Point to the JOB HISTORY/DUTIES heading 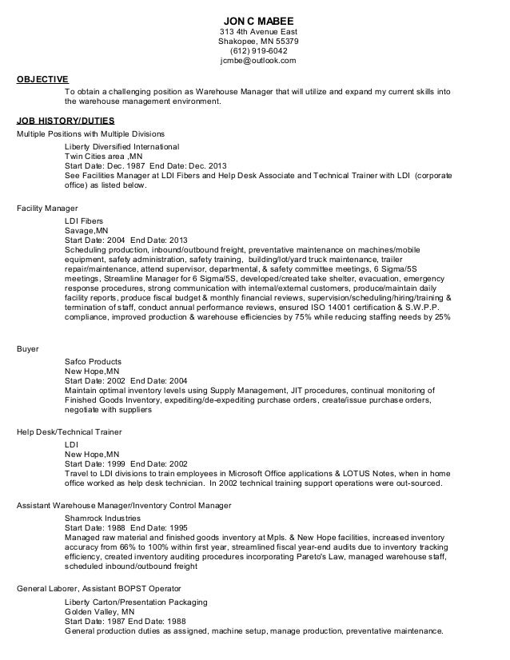tap(59, 120)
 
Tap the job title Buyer tap(28, 349)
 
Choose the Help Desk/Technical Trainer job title tap(69, 431)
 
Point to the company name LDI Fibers tap(84, 220)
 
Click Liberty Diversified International tap(122, 147)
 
